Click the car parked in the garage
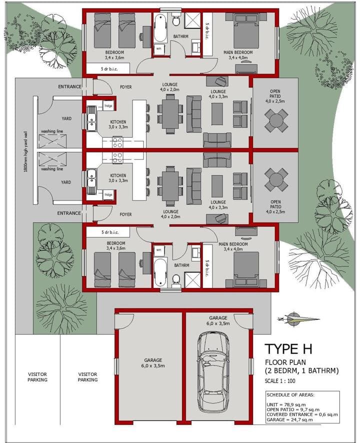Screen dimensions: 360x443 coord(213,373)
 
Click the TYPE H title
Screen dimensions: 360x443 coord(288,349)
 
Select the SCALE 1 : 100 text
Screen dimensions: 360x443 coord(279,381)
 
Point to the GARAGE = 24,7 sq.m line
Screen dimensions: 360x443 coord(289,419)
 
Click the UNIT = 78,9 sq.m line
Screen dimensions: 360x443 coord(286,404)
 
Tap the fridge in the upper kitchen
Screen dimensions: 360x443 coord(108,105)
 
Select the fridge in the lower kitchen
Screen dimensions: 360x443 coord(108,194)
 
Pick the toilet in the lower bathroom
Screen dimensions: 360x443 coord(176,279)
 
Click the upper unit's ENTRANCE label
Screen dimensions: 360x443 coord(69,86)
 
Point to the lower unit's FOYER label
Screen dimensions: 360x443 coord(125,214)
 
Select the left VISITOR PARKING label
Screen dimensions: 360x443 coord(37,377)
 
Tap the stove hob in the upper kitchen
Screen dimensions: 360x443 coord(117,142)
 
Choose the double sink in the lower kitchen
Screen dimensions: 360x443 coord(91,182)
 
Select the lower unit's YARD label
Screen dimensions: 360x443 coord(66,182)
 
